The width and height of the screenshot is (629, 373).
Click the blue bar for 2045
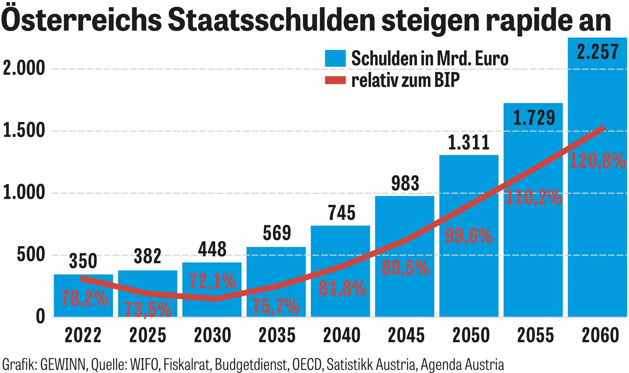(404, 294)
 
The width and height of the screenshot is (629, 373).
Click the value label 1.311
(469, 143)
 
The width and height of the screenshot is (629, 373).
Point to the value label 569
(277, 233)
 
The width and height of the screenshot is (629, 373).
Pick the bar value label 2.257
(598, 52)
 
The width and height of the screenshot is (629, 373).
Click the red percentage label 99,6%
(468, 236)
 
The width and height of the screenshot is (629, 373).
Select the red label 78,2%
(84, 299)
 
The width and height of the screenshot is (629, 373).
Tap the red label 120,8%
(598, 161)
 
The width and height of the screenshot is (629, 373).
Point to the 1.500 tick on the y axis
(24, 131)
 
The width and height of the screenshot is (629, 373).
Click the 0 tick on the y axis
(40, 316)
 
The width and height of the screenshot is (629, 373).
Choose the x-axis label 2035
(277, 335)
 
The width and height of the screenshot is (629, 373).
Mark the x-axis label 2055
(535, 335)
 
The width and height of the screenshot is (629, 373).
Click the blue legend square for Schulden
(335, 58)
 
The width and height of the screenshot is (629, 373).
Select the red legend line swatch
(335, 80)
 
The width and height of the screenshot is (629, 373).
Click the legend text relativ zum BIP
(405, 80)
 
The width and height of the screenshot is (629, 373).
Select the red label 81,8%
(342, 289)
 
